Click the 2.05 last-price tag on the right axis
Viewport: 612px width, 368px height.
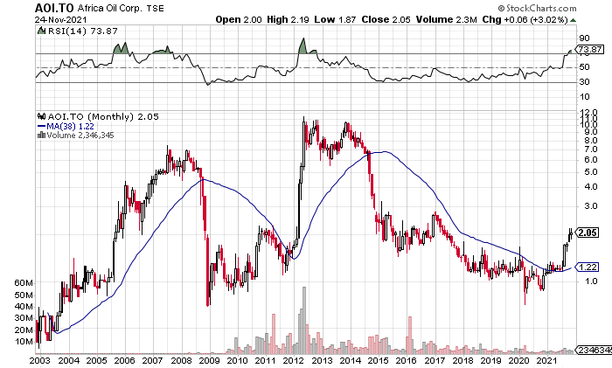[588, 233]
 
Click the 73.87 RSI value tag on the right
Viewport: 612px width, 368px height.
[588, 51]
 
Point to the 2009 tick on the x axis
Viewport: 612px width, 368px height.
[208, 359]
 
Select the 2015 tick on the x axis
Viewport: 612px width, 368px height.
[379, 359]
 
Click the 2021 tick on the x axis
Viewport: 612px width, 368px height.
[548, 359]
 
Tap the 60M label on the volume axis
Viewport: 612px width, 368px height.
[23, 283]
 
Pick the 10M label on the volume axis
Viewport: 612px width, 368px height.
[23, 342]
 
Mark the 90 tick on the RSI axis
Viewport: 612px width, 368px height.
[583, 38]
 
